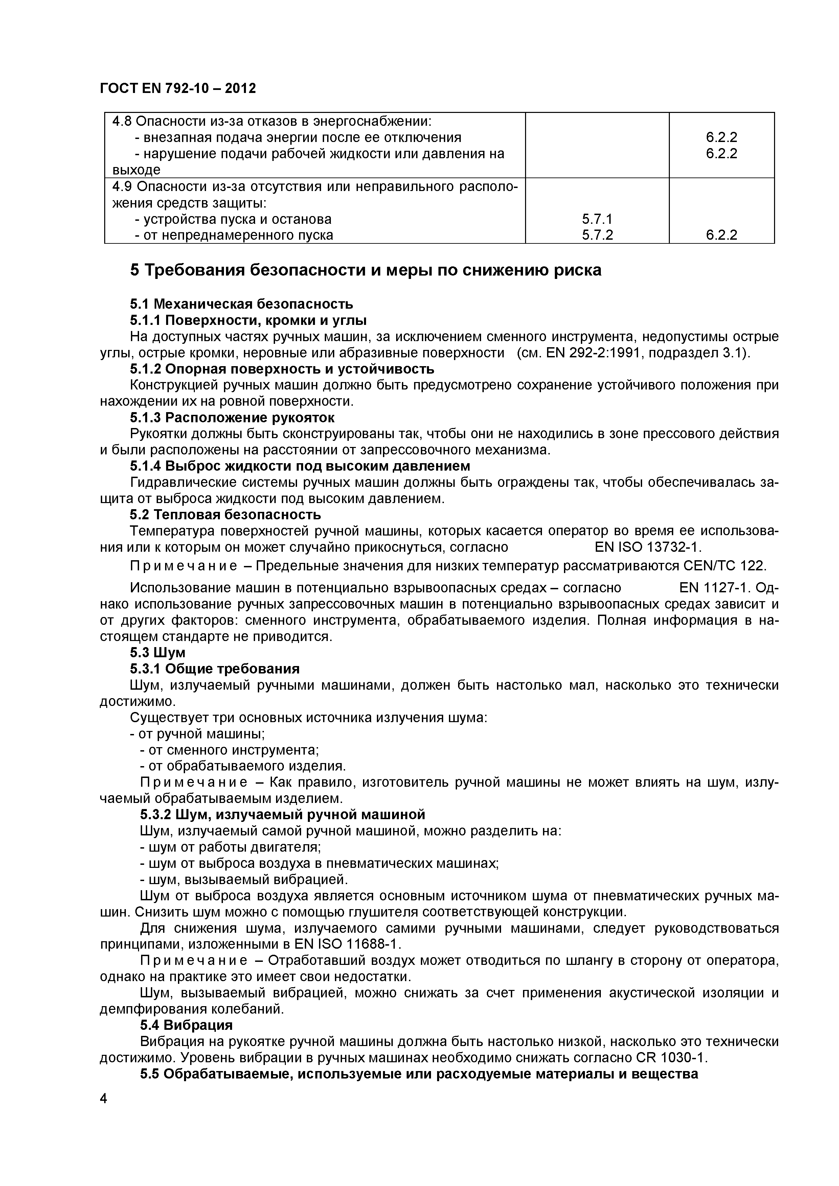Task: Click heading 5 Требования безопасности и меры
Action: point(365,270)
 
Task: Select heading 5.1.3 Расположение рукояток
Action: point(232,418)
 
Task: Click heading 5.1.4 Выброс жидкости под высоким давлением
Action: point(300,466)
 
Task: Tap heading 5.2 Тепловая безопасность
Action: point(225,515)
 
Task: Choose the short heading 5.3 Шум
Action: point(157,653)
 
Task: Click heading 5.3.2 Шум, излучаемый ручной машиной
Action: point(282,814)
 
